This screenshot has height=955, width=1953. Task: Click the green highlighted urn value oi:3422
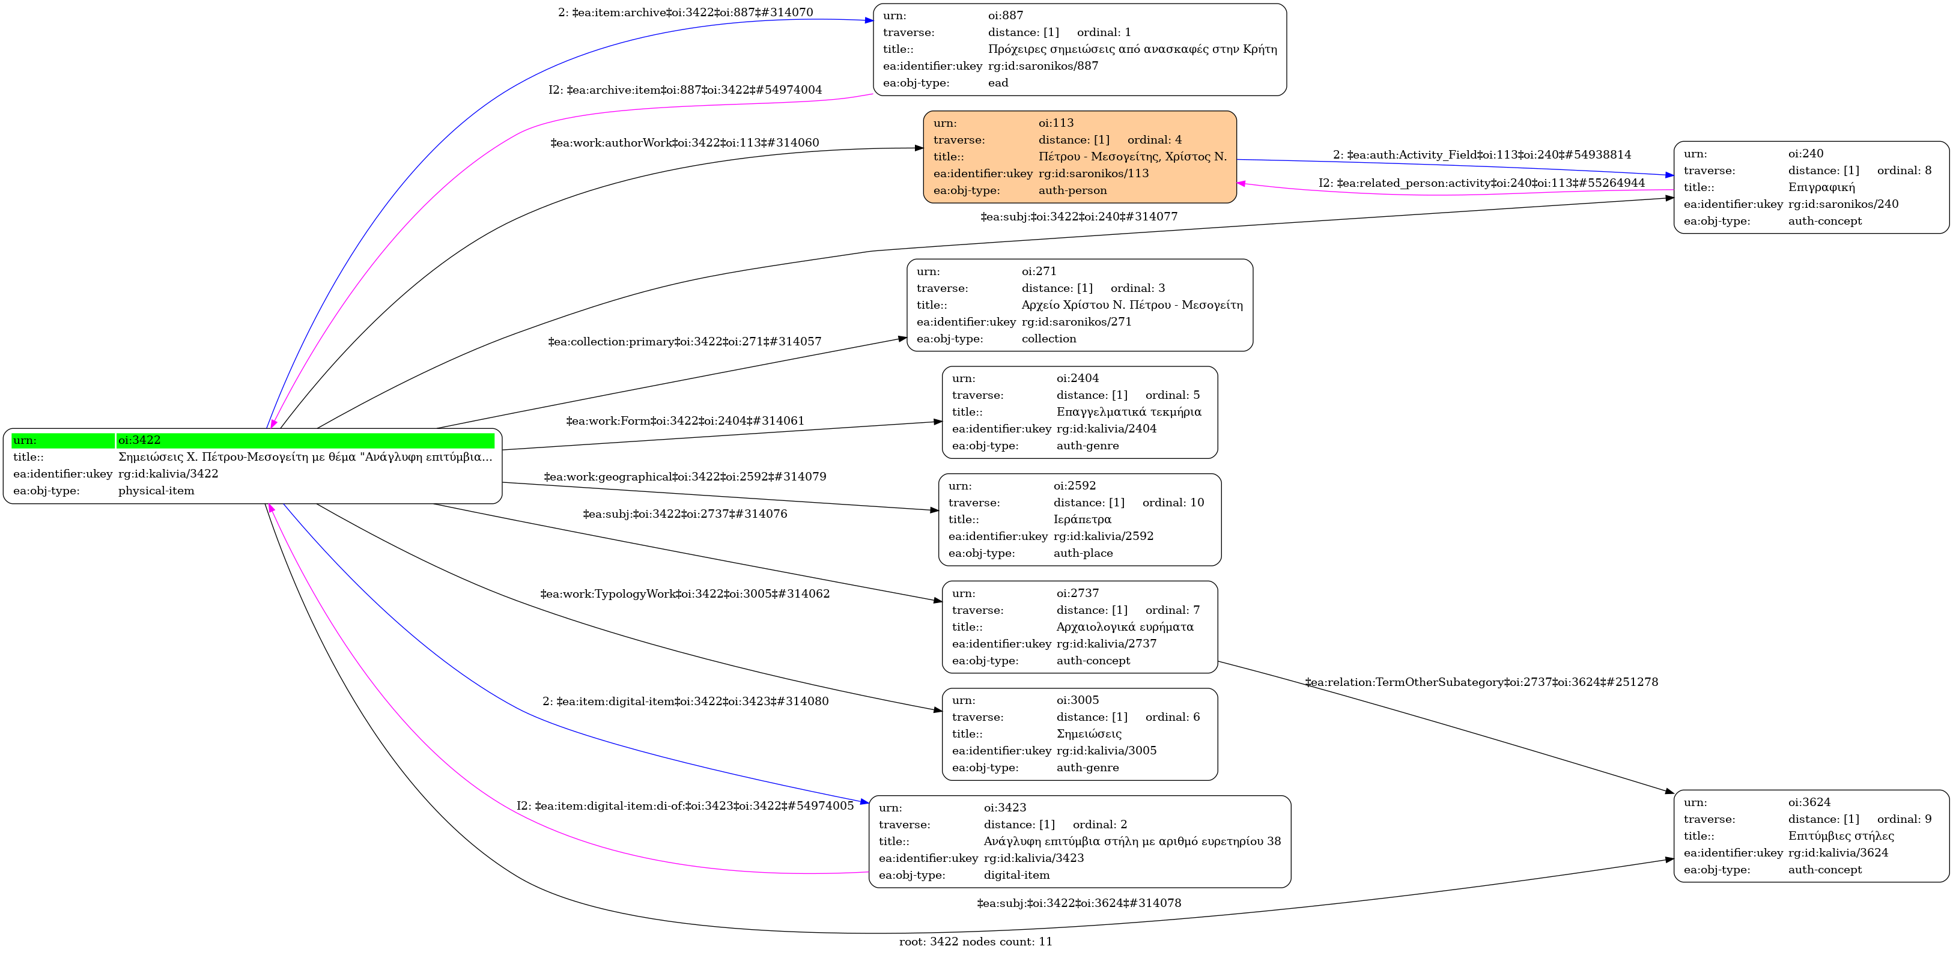point(139,440)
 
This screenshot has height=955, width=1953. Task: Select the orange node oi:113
point(1080,157)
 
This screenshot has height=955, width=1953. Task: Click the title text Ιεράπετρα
point(1082,519)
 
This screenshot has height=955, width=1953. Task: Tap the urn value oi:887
point(1005,15)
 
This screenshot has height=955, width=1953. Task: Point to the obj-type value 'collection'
point(1048,339)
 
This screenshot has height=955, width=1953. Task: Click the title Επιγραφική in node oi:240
point(1821,187)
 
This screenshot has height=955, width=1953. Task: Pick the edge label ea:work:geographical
point(685,477)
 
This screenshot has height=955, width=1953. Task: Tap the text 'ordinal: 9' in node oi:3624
point(1904,819)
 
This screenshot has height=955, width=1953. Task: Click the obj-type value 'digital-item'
point(1016,876)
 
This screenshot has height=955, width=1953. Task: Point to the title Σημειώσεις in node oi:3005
point(1089,734)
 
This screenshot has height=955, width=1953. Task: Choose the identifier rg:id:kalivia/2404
point(1106,429)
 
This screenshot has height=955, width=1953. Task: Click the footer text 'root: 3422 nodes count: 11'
point(976,941)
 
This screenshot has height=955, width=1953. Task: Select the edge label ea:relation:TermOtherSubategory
point(1481,682)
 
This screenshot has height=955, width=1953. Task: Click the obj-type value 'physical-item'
point(156,491)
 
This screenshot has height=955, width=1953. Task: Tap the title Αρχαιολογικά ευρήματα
point(1125,627)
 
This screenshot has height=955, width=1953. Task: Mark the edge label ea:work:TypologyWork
point(685,594)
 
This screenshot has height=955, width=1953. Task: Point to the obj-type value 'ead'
point(998,83)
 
